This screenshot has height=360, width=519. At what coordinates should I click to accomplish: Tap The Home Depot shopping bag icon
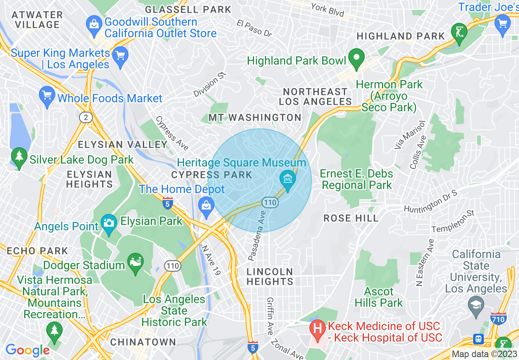207,205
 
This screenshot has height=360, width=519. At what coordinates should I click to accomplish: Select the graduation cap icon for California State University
476,305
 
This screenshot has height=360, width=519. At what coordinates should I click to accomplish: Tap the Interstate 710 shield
499,318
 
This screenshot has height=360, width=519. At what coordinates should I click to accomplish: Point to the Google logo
27,350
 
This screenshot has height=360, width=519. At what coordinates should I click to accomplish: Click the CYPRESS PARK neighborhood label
212,175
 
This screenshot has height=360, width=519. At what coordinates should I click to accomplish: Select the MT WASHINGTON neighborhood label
255,118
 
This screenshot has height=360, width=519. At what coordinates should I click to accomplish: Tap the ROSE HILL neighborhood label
351,218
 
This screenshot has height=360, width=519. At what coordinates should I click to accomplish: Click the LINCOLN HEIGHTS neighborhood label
270,277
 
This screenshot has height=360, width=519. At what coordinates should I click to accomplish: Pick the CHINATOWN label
143,342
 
